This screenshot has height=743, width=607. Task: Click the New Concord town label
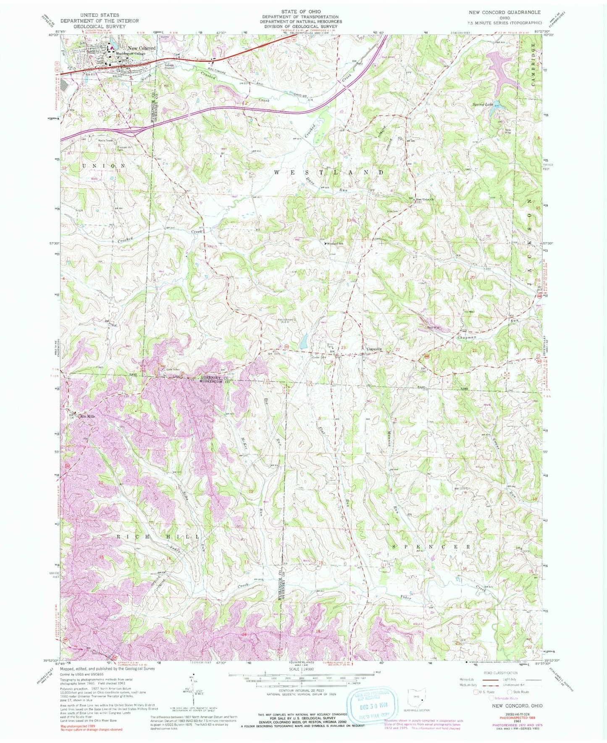click(142, 48)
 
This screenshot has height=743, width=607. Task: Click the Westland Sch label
click(337, 244)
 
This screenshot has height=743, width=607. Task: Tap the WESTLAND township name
click(329, 172)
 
